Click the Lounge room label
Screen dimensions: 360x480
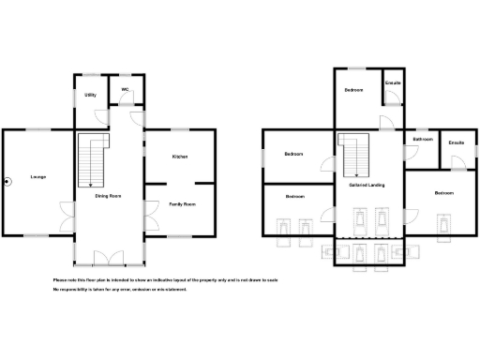click(x=38, y=176)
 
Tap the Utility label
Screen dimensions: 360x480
click(x=91, y=96)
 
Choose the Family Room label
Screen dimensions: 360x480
click(x=182, y=203)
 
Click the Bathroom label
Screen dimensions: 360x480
click(x=423, y=139)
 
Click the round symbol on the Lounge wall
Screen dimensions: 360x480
click(x=7, y=181)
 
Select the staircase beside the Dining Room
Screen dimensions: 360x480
click(x=90, y=159)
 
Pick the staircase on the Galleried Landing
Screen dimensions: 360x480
click(x=354, y=155)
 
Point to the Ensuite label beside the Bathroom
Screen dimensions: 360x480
click(x=457, y=142)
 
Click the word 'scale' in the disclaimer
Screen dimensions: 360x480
click(x=272, y=280)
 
